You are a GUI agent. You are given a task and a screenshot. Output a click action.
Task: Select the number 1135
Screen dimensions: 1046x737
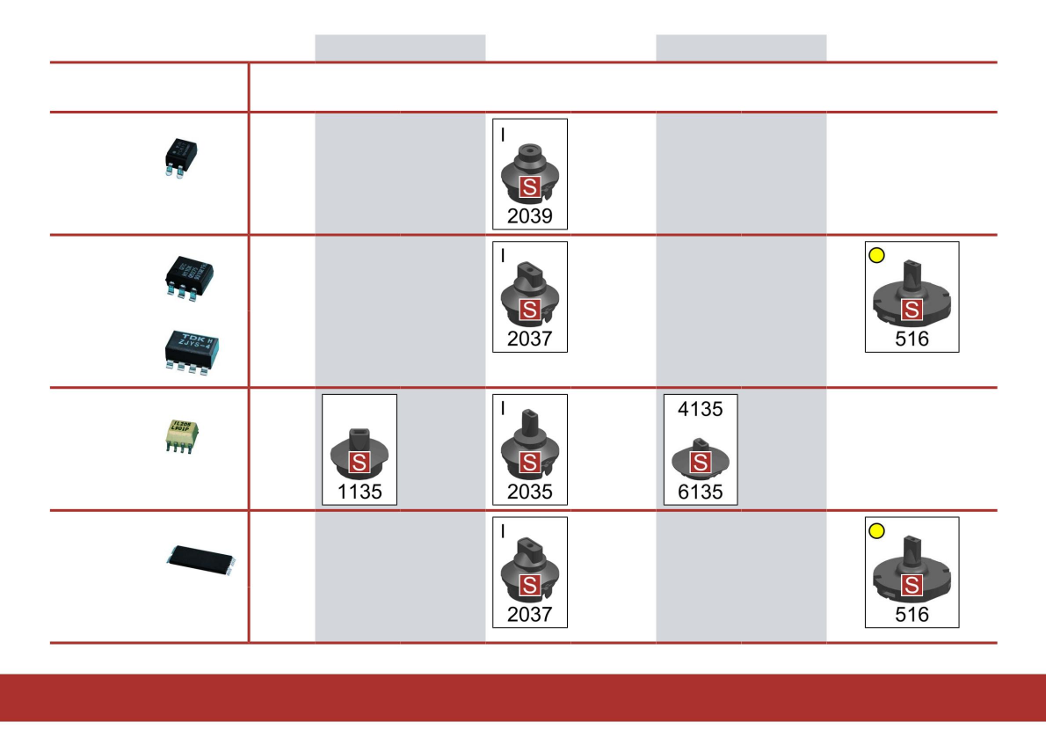360,492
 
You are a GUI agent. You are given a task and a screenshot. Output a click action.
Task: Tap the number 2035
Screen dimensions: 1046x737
529,492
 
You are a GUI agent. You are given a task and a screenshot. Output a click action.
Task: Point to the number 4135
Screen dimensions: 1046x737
700,409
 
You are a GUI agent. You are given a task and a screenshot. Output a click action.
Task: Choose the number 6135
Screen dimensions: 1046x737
700,492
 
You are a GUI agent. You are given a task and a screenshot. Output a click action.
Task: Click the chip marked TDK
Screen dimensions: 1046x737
191,350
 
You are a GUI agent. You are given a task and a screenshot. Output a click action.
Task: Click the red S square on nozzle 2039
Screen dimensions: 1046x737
529,186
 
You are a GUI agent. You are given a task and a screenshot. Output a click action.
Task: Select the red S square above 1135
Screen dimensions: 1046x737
360,463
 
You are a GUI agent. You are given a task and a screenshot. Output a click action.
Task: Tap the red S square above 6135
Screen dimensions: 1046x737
700,463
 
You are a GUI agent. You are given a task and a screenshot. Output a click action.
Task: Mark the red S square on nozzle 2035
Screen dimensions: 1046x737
529,463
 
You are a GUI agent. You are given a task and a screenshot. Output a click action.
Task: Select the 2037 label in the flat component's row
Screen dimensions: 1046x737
529,614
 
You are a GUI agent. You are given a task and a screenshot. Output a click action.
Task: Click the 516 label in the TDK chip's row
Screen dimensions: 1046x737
912,339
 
